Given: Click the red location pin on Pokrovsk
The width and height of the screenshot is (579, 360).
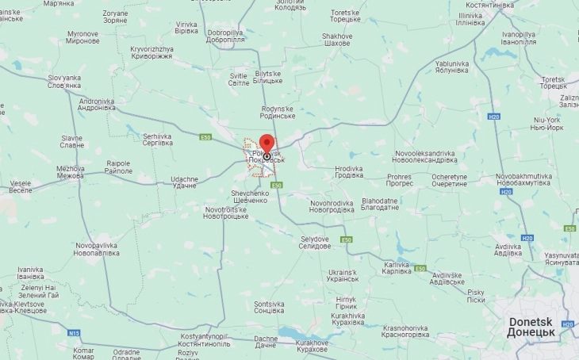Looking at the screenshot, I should [266, 145].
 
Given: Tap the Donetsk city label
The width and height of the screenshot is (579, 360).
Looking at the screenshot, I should [535, 327].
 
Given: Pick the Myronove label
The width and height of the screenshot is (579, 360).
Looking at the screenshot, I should [82, 36].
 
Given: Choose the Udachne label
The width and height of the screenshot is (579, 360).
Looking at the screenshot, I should [184, 182].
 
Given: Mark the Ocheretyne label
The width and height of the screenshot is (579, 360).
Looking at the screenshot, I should [449, 179].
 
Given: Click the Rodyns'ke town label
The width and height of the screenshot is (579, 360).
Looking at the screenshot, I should [277, 111].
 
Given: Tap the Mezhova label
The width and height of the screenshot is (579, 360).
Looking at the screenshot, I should [70, 171].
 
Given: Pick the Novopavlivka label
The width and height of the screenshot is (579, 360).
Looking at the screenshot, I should [98, 249].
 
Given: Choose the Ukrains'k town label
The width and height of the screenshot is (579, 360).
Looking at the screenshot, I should [343, 277].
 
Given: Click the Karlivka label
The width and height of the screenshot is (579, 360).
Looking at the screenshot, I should [397, 267].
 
